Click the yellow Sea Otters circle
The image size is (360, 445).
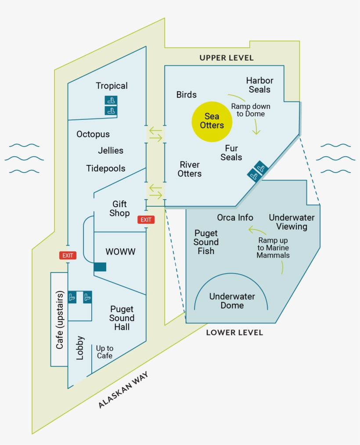pos(212,122)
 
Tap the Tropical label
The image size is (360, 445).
pos(112,86)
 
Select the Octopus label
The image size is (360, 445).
pos(93,134)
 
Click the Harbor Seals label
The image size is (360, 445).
pos(259,85)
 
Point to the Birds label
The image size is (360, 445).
pos(187,95)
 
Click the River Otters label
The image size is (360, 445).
pos(190,169)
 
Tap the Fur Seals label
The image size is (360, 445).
pos(231,153)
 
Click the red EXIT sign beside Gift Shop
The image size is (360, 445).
pos(146,220)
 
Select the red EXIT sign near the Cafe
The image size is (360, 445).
pos(68,255)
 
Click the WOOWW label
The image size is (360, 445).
pos(120,252)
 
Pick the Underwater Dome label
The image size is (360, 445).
pos(232,301)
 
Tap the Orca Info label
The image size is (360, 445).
pos(235,218)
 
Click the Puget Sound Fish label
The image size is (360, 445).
pos(206,242)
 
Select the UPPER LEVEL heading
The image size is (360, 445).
pos(227,58)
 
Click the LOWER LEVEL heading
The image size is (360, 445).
pos(234,333)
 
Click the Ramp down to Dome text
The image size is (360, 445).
pos(251,110)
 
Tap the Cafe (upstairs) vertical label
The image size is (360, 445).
pos(60,319)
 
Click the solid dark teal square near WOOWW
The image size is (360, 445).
pos(100,266)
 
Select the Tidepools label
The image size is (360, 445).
pos(106,169)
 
